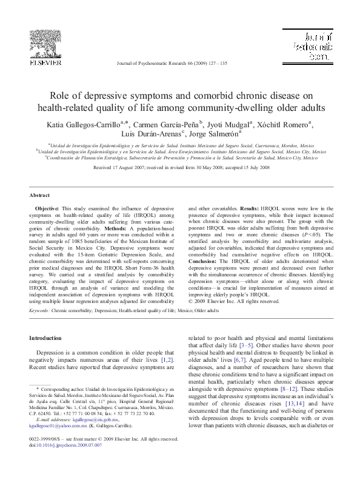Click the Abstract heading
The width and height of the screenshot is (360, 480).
(x=39, y=195)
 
